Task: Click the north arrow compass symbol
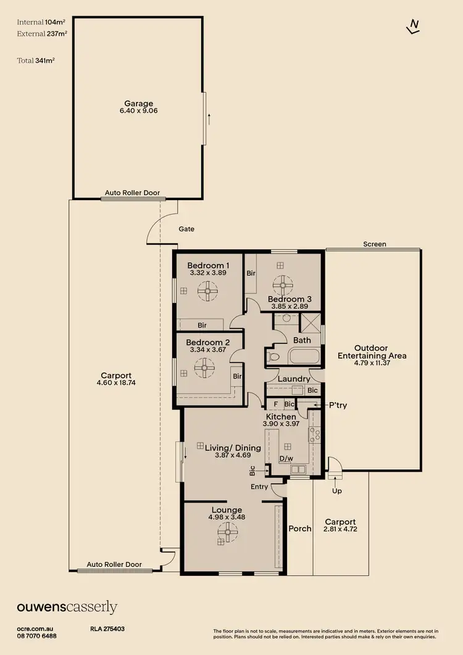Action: [413, 27]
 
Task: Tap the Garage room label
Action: [139, 103]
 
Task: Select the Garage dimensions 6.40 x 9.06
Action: [139, 111]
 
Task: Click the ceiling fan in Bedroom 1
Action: [207, 291]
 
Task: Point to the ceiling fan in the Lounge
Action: [228, 533]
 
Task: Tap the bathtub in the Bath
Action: [304, 357]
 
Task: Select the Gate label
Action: [186, 229]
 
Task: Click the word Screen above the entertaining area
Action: [375, 244]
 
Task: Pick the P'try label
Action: [338, 405]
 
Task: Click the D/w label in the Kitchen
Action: [286, 459]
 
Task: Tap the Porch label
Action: [300, 528]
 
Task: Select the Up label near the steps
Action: [337, 491]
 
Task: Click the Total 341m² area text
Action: [36, 60]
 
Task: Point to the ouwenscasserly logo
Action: [67, 607]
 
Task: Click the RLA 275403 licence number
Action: [107, 628]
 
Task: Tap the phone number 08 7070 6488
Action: [37, 636]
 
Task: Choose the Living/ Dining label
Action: [233, 448]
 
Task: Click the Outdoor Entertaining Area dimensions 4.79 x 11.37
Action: [372, 363]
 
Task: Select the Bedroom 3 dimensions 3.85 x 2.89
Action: [290, 306]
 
